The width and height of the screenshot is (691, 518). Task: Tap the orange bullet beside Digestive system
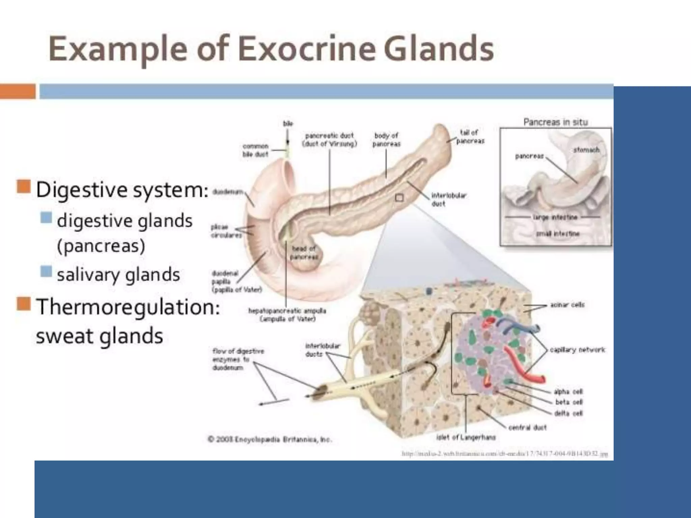click(24, 186)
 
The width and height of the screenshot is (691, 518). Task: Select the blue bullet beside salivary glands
click(46, 271)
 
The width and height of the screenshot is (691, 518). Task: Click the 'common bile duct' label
click(255, 150)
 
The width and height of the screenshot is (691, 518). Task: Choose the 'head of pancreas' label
click(304, 253)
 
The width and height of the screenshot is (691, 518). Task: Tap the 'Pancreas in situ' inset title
click(555, 122)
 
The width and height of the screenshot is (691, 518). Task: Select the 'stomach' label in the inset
click(586, 149)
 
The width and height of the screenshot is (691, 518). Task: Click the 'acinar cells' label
click(567, 305)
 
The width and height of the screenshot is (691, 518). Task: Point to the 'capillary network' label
click(577, 350)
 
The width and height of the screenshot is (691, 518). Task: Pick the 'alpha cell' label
click(568, 392)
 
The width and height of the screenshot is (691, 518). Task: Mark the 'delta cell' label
click(569, 413)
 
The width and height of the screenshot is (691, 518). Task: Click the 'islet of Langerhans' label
click(466, 437)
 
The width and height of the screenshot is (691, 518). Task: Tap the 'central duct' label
click(527, 427)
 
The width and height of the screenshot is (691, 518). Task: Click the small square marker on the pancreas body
click(399, 198)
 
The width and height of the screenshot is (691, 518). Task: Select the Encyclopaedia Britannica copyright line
click(270, 439)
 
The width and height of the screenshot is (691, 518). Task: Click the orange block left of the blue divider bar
click(18, 91)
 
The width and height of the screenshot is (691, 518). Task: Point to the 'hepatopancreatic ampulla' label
click(287, 314)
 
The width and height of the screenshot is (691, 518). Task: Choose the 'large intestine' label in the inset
click(555, 217)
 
